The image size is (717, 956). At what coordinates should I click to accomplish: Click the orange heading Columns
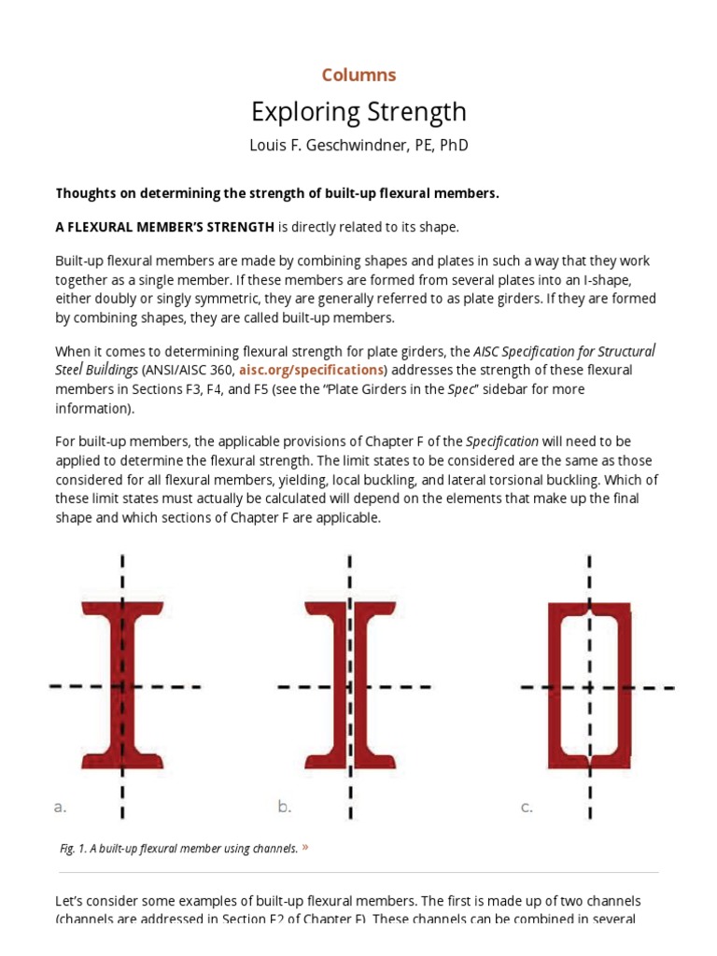358,75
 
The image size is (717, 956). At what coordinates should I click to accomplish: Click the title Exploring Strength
358,112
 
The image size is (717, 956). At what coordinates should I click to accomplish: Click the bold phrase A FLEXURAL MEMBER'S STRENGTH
165,227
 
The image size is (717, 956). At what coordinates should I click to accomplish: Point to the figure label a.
61,807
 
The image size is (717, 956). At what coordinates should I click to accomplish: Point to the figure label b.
285,807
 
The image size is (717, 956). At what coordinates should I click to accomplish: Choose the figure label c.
527,807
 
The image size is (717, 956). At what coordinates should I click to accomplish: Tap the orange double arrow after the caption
305,848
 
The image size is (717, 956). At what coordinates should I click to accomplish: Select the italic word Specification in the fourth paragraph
502,441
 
